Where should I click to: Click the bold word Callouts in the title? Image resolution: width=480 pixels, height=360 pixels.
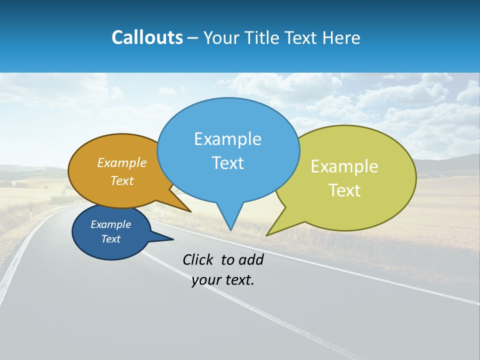147,37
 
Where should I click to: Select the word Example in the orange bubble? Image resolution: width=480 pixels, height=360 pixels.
122,163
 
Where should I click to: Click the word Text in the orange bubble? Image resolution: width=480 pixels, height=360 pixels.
122,180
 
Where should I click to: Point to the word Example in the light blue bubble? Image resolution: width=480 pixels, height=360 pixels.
227,139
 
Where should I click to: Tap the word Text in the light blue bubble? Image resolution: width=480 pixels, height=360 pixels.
227,163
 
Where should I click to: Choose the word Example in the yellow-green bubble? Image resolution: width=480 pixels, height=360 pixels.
344,166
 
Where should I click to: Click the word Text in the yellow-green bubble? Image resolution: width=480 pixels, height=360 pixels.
344,190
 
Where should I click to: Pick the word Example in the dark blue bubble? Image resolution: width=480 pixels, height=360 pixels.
111,224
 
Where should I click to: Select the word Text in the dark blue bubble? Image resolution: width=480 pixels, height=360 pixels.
111,239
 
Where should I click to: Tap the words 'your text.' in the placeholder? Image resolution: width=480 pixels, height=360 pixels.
223,280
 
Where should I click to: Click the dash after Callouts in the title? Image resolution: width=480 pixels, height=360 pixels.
193,38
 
